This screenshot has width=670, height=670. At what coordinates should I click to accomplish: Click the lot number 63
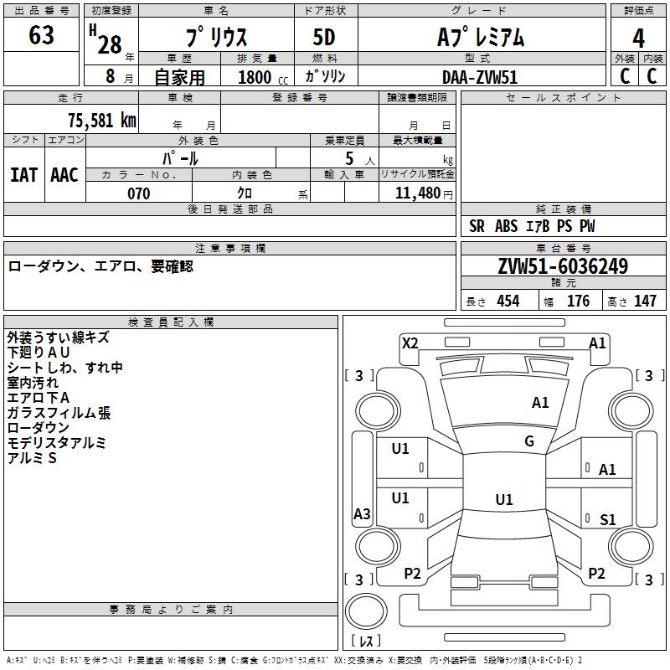(x=41, y=36)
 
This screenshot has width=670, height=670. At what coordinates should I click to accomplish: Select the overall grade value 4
(x=638, y=39)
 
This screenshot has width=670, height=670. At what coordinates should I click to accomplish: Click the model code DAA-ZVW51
(x=480, y=75)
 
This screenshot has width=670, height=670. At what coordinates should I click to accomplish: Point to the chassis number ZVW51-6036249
(x=562, y=267)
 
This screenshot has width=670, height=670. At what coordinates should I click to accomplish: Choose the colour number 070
(x=138, y=193)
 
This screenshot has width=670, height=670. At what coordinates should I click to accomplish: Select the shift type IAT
(x=23, y=174)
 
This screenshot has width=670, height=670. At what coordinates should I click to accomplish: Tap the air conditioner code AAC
(x=64, y=174)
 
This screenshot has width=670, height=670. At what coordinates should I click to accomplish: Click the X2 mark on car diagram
(x=410, y=343)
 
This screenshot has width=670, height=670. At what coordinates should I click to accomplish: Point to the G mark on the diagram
(x=529, y=441)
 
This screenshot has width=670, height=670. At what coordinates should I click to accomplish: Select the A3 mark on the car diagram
(x=362, y=514)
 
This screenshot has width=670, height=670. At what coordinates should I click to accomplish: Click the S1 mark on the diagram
(x=607, y=520)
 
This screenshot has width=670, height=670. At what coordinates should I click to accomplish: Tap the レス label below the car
(x=366, y=642)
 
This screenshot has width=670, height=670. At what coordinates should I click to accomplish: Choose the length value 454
(x=508, y=301)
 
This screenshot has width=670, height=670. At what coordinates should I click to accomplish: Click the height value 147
(x=645, y=301)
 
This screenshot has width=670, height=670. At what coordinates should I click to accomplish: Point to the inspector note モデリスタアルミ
(x=56, y=443)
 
